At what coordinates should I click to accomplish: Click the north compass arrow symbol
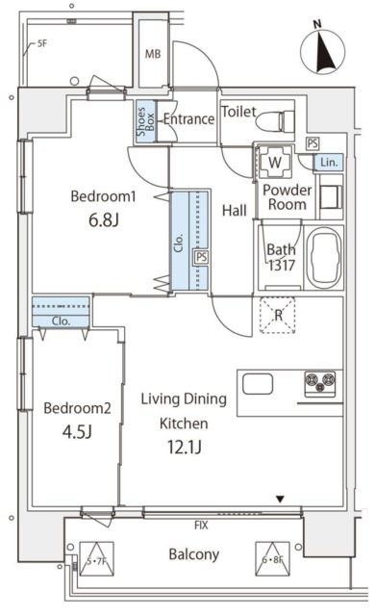pyautogui.click(x=323, y=51)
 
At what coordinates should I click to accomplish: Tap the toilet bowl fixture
pyautogui.click(x=275, y=120)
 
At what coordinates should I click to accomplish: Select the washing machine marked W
pyautogui.click(x=275, y=162)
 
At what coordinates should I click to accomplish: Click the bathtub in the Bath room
pyautogui.click(x=324, y=258)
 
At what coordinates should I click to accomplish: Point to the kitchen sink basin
pyautogui.click(x=258, y=384)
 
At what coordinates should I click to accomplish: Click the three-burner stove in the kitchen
pyautogui.click(x=320, y=382)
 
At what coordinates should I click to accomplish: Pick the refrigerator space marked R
pyautogui.click(x=278, y=315)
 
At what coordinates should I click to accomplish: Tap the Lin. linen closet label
pyautogui.click(x=329, y=162)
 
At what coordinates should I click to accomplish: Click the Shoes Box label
pyautogui.click(x=145, y=121)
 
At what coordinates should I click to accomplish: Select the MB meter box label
pyautogui.click(x=153, y=54)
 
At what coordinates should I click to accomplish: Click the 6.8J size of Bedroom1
pyautogui.click(x=103, y=220)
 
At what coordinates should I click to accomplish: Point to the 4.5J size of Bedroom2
pyautogui.click(x=77, y=432)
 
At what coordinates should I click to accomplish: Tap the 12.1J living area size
pyautogui.click(x=185, y=447)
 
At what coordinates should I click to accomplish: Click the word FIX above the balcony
pyautogui.click(x=201, y=525)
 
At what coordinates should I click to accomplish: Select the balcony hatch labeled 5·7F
pyautogui.click(x=96, y=558)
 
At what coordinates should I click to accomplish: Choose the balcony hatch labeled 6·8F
pyautogui.click(x=273, y=558)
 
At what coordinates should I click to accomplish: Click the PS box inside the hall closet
pyautogui.click(x=201, y=257)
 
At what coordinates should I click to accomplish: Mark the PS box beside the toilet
pyautogui.click(x=312, y=143)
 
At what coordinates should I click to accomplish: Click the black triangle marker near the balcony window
pyautogui.click(x=280, y=500)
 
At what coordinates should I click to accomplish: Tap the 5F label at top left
pyautogui.click(x=42, y=43)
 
